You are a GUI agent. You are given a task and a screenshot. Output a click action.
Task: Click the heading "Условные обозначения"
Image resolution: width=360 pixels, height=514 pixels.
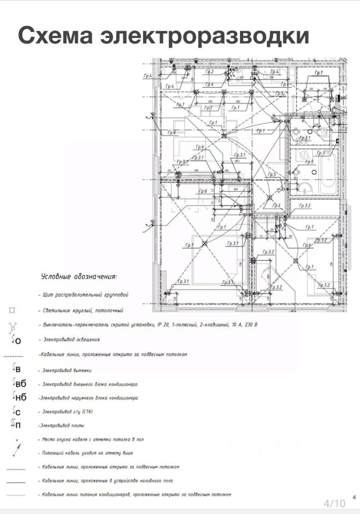point(79,276)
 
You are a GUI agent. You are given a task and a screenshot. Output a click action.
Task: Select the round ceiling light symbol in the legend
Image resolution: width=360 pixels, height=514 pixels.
point(12,309)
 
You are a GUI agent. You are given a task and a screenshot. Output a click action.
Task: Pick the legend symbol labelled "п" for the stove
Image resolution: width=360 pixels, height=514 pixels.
point(16,425)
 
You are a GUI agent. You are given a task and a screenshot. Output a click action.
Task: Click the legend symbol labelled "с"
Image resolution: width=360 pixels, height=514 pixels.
point(16,412)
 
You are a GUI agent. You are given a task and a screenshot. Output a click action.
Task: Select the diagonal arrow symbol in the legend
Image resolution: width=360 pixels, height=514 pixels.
point(18,453)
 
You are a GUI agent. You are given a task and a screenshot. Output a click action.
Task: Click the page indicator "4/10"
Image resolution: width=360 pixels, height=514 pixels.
point(334,503)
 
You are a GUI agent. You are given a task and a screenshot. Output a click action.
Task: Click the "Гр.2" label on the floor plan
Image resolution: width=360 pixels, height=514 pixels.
point(209,72)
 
